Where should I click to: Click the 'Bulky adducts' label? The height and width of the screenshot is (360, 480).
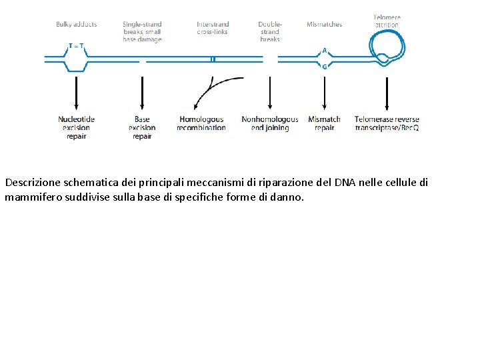(x=76, y=25)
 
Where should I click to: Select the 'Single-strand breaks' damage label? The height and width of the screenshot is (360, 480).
(x=142, y=32)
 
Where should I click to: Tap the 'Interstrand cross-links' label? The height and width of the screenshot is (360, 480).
(x=213, y=28)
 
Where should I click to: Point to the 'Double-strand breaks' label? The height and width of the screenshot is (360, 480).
(x=270, y=32)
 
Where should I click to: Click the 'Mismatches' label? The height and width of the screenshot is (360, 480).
(x=324, y=25)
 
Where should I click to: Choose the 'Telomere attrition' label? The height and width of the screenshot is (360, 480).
(x=387, y=21)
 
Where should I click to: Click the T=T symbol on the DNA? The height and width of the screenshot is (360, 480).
(x=76, y=46)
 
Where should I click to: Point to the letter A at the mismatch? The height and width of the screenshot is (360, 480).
(x=324, y=50)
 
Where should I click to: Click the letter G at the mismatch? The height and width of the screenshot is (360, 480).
(x=324, y=67)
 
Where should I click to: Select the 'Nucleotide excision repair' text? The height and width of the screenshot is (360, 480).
(x=76, y=127)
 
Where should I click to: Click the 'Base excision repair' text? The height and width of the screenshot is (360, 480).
(x=142, y=127)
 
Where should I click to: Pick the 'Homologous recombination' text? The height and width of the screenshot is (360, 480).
(x=201, y=123)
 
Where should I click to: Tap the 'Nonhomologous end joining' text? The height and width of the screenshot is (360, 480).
(x=270, y=123)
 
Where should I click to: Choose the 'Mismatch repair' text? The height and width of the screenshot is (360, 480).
(x=324, y=123)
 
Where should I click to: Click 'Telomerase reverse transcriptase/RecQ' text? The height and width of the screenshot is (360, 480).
(x=387, y=123)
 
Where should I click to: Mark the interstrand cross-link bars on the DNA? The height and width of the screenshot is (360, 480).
(x=213, y=59)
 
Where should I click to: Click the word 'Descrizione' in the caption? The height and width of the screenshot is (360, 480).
(x=31, y=182)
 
